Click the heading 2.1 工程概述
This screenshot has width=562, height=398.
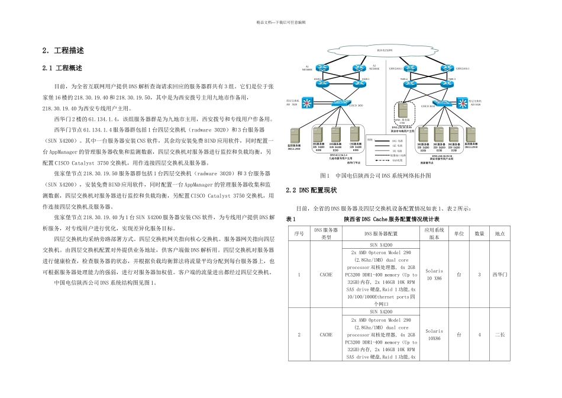click(x=62, y=69)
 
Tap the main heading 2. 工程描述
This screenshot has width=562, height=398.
click(x=63, y=50)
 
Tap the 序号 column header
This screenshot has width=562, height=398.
click(x=299, y=233)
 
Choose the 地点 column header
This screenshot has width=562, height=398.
click(x=499, y=233)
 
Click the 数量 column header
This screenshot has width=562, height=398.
click(x=479, y=233)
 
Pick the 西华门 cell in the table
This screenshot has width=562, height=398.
click(x=499, y=275)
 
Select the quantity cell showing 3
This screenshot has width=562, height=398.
click(x=479, y=275)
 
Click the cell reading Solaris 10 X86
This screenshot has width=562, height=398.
click(x=434, y=275)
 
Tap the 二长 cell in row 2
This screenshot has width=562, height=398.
click(x=499, y=335)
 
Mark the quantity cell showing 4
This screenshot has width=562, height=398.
click(x=479, y=335)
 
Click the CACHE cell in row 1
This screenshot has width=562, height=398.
click(x=326, y=275)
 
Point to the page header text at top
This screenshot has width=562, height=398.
click(x=280, y=23)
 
